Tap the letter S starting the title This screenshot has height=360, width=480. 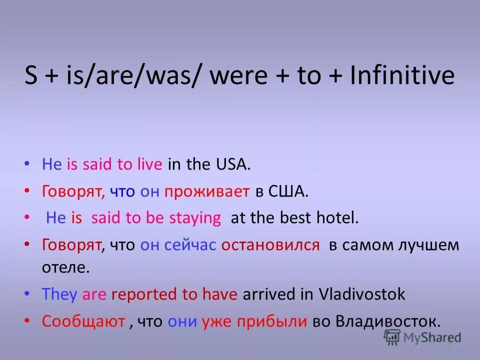[31, 76]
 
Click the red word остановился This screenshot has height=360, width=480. [270, 244]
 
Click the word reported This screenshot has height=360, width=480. [144, 294]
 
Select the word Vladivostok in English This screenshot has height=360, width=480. [362, 294]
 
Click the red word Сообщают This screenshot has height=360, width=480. [83, 320]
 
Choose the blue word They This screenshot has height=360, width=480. [59, 294]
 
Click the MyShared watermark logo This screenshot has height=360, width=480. [423, 338]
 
